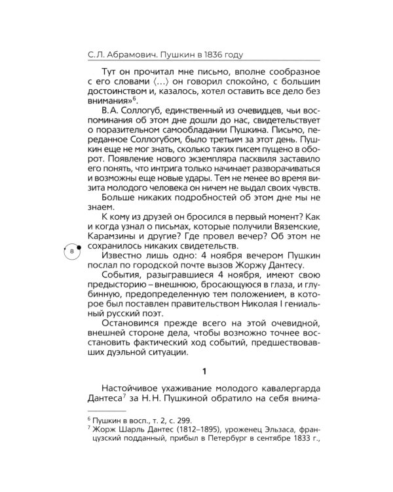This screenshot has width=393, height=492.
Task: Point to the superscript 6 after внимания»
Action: (x=132, y=98)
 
